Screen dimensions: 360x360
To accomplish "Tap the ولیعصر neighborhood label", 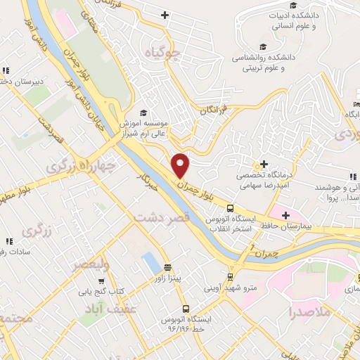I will tap(89, 265).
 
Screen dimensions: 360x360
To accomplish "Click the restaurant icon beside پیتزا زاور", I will tap(167, 266).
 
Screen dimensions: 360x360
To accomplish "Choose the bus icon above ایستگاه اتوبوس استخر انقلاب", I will tap(230, 207).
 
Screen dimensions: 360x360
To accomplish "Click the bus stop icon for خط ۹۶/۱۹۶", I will tap(186, 308).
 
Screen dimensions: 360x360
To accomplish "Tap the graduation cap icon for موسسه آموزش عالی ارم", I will tap(142, 112).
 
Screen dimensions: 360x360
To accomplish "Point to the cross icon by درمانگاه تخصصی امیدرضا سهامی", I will tap(264, 163).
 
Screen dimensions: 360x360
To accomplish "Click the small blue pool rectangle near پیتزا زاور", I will tap(150, 263).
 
